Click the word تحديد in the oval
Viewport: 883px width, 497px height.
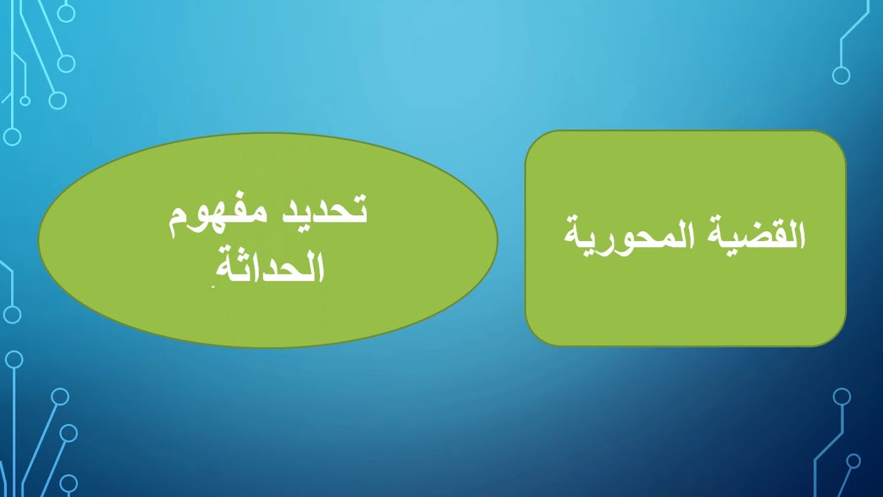pyautogui.click(x=322, y=209)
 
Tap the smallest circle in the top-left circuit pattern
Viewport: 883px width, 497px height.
pyautogui.click(x=26, y=101)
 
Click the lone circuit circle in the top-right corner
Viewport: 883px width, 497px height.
pyautogui.click(x=841, y=75)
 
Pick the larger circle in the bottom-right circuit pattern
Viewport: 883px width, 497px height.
pyautogui.click(x=842, y=396)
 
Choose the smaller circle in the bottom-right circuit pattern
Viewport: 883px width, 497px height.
pyautogui.click(x=853, y=460)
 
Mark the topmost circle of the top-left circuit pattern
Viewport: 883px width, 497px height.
pyautogui.click(x=66, y=13)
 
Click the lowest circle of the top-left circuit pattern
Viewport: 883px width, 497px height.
pyautogui.click(x=12, y=137)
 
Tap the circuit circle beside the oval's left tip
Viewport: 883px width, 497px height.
pyautogui.click(x=12, y=315)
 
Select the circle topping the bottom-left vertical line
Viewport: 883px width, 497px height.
pyautogui.click(x=14, y=360)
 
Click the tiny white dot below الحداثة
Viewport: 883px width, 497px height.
pyautogui.click(x=213, y=286)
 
